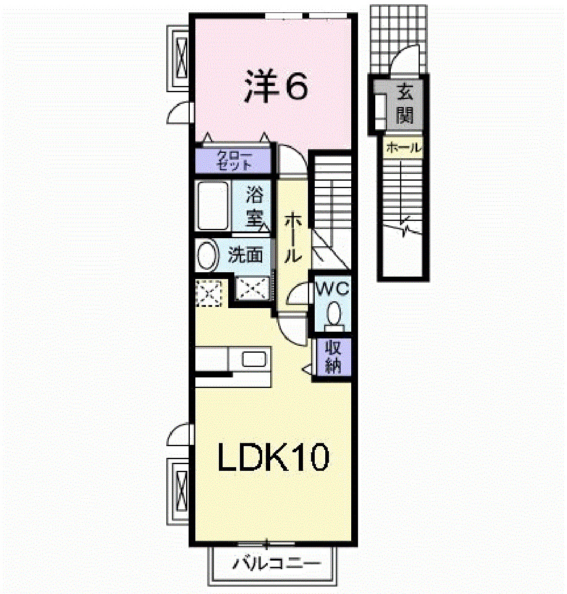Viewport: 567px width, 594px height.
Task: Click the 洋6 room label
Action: click(x=275, y=87)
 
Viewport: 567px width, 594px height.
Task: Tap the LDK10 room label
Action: click(x=273, y=458)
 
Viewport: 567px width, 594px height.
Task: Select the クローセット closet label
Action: click(x=234, y=160)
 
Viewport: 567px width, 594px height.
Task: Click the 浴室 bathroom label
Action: click(x=254, y=206)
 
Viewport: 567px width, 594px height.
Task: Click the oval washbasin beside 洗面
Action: click(x=207, y=256)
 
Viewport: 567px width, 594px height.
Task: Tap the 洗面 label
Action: click(x=245, y=255)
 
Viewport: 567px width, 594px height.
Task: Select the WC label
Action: click(x=333, y=288)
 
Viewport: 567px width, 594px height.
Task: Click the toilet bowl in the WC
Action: click(x=335, y=313)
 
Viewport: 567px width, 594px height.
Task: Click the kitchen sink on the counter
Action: click(x=254, y=359)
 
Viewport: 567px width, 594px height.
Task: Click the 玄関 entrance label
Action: click(x=405, y=105)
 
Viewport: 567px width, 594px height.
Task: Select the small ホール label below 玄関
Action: click(x=403, y=148)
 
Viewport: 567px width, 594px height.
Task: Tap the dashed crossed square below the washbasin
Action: click(x=208, y=292)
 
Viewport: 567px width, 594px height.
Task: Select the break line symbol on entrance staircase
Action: click(x=405, y=229)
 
